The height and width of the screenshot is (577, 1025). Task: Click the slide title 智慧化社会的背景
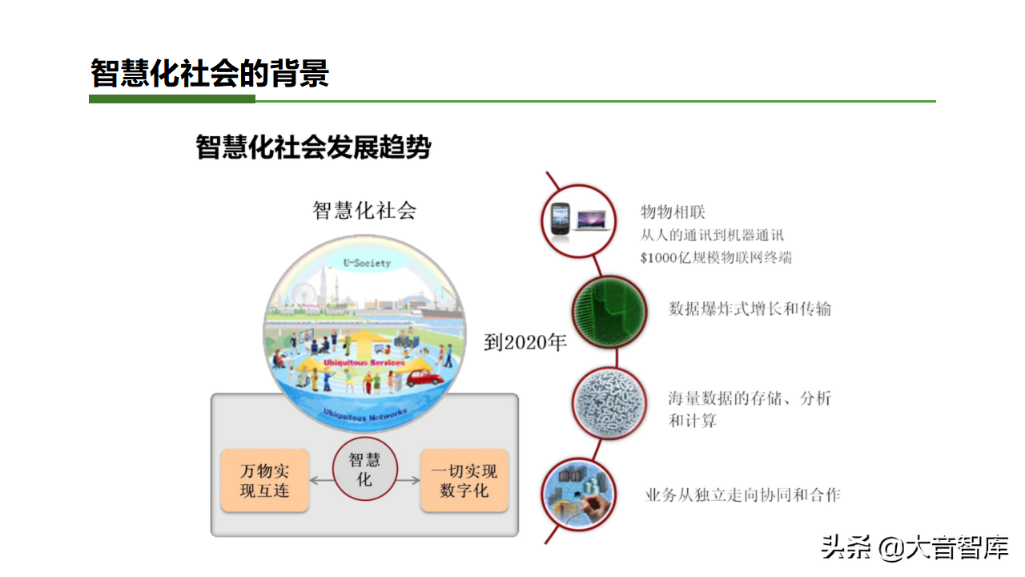pos(210,74)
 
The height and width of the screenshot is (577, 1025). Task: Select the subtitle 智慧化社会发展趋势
pos(313,147)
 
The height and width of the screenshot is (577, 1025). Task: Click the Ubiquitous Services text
pos(364,363)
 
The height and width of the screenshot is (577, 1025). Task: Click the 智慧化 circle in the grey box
pos(364,470)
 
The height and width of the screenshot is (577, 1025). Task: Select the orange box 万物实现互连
pos(264,481)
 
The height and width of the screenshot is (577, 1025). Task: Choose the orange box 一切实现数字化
pos(464,481)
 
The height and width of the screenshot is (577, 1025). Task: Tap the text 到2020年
pos(525,343)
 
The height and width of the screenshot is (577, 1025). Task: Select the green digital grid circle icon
pos(609,313)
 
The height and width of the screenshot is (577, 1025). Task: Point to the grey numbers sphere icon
pos(609,402)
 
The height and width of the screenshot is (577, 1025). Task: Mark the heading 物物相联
pos(673,212)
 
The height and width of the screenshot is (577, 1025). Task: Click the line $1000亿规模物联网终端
pos(717,257)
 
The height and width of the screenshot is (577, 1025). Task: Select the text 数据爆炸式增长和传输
pos(750,309)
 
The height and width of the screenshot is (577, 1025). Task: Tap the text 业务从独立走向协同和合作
pos(742,494)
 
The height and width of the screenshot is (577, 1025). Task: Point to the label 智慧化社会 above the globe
pos(364,211)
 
